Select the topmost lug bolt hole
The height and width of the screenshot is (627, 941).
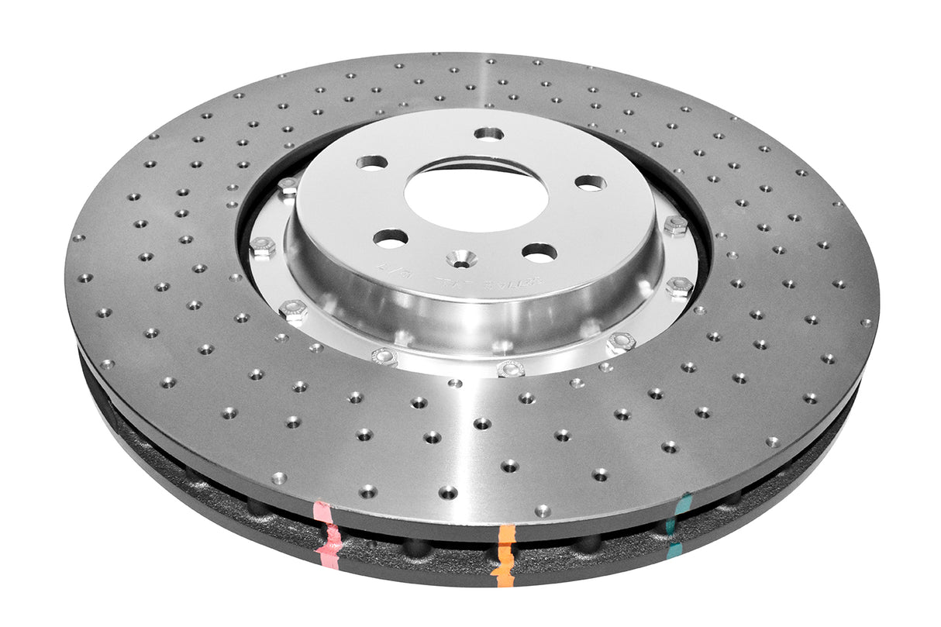pyautogui.click(x=488, y=133)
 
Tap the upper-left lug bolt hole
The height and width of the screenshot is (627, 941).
pyautogui.click(x=371, y=162)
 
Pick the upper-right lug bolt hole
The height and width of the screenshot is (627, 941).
pyautogui.click(x=591, y=183)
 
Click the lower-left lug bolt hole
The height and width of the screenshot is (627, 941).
pyautogui.click(x=391, y=237)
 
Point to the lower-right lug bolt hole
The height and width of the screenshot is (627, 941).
pyautogui.click(x=539, y=252)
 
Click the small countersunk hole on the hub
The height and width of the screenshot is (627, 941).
pyautogui.click(x=462, y=260)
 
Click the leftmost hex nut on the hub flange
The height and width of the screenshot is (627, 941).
pyautogui.click(x=262, y=247)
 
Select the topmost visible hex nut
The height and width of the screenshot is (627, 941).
pyautogui.click(x=288, y=186)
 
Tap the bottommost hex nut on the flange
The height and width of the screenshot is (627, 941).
pyautogui.click(x=511, y=368)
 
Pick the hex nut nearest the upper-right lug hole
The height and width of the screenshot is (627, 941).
pyautogui.click(x=675, y=226)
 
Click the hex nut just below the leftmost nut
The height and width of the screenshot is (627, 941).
pyautogui.click(x=294, y=311)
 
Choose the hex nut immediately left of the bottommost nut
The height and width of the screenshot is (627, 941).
pyautogui.click(x=385, y=357)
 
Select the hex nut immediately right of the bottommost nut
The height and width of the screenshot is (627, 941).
pyautogui.click(x=620, y=342)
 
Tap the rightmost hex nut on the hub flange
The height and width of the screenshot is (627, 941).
pyautogui.click(x=680, y=287)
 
